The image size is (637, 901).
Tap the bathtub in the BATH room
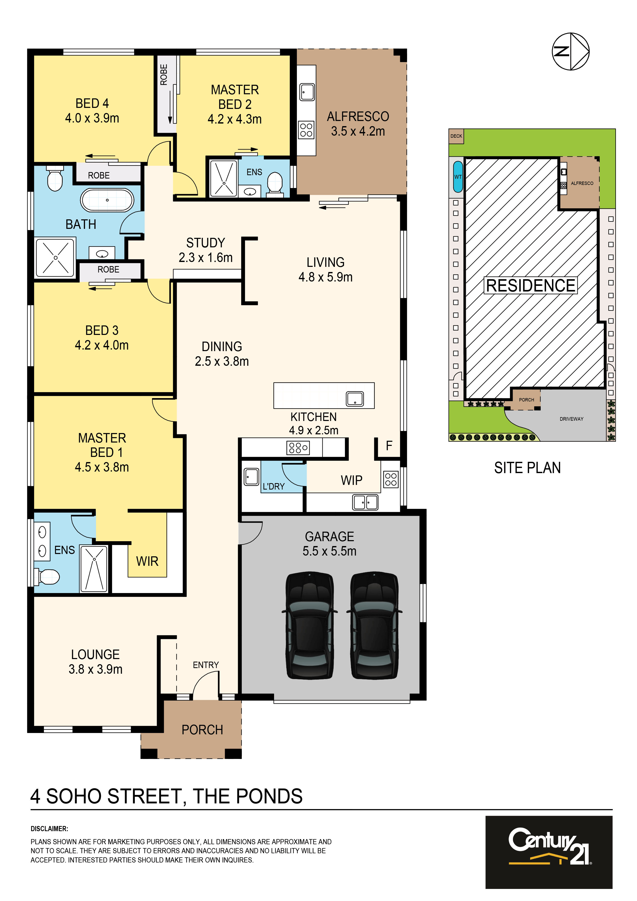coord(107,200)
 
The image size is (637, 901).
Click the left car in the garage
coord(310,625)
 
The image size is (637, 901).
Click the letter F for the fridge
coord(389,445)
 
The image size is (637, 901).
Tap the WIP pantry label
coord(351,480)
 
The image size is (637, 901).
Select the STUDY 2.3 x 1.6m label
coord(206,250)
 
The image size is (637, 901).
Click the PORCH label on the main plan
coord(202,729)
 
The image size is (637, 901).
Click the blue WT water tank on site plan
coord(458,177)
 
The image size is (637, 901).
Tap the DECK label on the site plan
coord(456,136)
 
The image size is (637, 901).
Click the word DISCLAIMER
coord(50,829)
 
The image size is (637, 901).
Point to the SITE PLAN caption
coord(527,467)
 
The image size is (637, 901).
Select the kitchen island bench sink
coord(355,399)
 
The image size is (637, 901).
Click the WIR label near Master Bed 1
coord(147,561)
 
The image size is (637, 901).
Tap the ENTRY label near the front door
coord(206,665)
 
